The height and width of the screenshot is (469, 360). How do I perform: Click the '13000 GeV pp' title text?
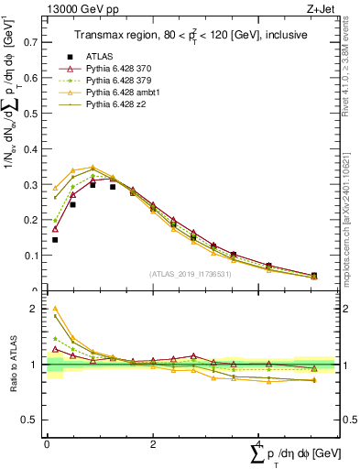[76, 8]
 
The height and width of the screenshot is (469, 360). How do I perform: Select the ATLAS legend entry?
[100, 56]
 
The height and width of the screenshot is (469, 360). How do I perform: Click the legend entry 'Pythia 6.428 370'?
[122, 69]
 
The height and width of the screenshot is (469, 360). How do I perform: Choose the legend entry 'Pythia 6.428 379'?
[122, 81]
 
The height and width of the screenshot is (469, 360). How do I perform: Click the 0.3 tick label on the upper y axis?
[33, 184]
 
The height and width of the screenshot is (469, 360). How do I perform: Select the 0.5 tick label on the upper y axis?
[33, 113]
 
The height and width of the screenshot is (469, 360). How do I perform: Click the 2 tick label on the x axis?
[153, 442]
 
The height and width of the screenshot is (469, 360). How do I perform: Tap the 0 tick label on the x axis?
[47, 442]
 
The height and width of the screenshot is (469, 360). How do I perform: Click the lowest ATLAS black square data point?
[55, 240]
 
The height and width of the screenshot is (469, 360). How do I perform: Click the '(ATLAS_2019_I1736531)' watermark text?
[191, 274]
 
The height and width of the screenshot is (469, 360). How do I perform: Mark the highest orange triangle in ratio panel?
[55, 310]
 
